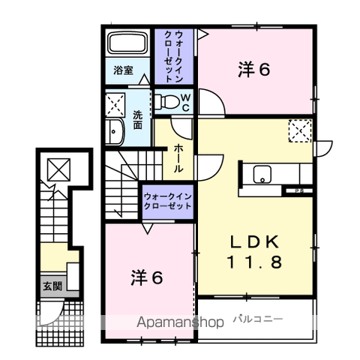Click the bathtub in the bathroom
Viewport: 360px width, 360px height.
[x=127, y=43]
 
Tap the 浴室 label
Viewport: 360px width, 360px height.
[x=123, y=70]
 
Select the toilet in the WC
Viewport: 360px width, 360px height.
[x=166, y=101]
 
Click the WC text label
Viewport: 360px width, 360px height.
[x=185, y=103]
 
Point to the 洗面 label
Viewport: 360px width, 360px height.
[x=137, y=120]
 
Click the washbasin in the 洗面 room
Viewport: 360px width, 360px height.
[x=114, y=131]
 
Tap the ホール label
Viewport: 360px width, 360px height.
[x=178, y=158]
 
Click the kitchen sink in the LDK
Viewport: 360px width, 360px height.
[x=262, y=174]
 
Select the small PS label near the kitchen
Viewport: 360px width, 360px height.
[x=299, y=190]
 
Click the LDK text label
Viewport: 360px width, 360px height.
[x=254, y=241]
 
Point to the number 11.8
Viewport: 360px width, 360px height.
[x=254, y=262]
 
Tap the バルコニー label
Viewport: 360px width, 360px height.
[x=258, y=319]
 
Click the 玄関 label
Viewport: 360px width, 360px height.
[x=52, y=286]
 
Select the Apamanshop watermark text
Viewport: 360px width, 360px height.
[x=180, y=322]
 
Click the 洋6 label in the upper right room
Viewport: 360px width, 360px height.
[x=253, y=70]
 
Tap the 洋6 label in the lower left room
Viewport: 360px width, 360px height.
[x=147, y=277]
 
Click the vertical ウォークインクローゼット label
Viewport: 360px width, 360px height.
[x=174, y=56]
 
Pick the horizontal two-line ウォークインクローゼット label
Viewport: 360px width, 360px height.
[x=168, y=201]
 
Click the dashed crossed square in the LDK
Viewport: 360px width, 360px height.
[x=300, y=130]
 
